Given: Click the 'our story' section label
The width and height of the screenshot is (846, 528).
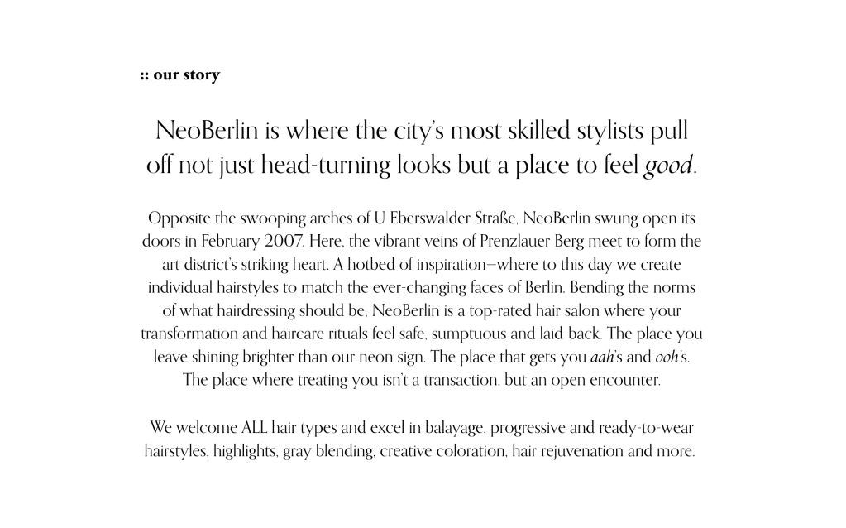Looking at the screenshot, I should point(179,75).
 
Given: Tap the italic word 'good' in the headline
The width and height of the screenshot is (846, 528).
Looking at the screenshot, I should point(668,166).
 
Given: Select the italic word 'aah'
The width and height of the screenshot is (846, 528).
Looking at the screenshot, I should point(601,358).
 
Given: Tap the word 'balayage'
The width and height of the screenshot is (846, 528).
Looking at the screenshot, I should point(456,429).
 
